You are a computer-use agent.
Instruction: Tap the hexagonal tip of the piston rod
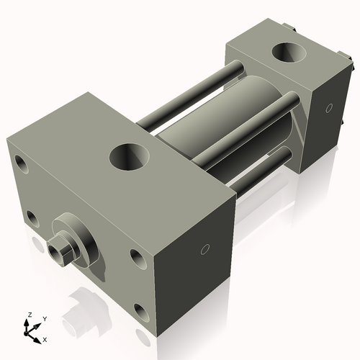60,251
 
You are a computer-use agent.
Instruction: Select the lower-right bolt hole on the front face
140,312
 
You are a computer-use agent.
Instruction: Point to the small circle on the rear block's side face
328,110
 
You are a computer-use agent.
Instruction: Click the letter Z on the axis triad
29,315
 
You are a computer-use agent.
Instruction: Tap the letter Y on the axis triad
44,318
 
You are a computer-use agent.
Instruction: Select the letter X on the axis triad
45,338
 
